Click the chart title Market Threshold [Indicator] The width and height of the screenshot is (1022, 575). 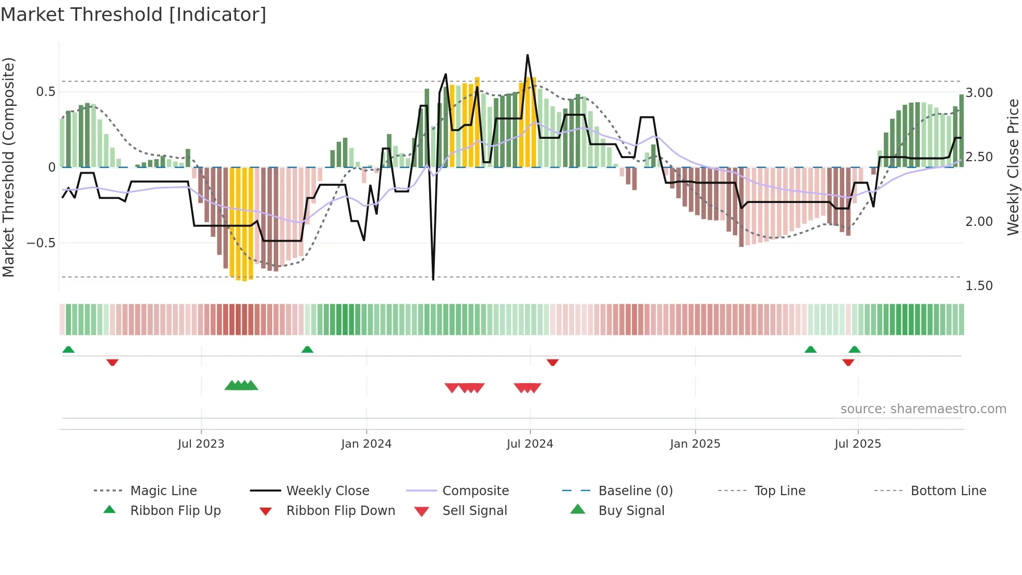coord(133,15)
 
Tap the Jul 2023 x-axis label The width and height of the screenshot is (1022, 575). coord(201,444)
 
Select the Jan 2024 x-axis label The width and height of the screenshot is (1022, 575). coord(366,444)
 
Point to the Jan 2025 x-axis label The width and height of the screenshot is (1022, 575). coord(695,444)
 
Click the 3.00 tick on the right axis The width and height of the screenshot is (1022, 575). coord(979,93)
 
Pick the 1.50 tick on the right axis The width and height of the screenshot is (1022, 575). coord(979,286)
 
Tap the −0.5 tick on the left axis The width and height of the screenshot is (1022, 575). coord(41,243)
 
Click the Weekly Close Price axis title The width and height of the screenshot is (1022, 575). coord(1013,167)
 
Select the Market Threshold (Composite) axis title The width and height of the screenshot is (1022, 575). coord(8,167)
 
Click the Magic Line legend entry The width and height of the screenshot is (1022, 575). coord(163,491)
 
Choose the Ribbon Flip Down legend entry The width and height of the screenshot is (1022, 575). coord(340,511)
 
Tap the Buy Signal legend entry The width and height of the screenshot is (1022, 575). coord(631,511)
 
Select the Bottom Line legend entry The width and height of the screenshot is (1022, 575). coord(948,491)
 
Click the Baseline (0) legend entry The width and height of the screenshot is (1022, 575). coord(635,491)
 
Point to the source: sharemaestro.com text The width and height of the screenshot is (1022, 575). coord(923,409)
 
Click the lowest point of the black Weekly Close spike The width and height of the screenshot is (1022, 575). coord(433,280)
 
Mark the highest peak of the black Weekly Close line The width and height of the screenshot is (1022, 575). coord(528,55)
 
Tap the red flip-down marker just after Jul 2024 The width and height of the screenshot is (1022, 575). coord(553,362)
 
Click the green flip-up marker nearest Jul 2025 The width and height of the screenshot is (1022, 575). coord(854,350)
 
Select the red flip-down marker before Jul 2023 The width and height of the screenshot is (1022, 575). coord(112,362)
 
